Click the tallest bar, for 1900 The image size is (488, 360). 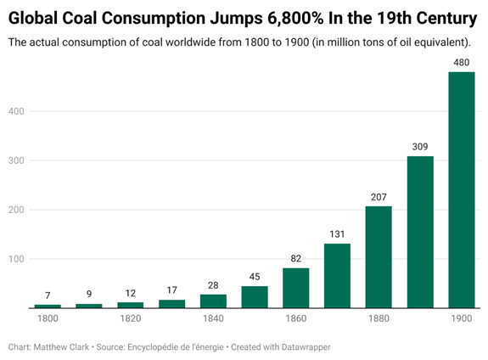pos(462,190)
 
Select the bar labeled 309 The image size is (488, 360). pos(420,232)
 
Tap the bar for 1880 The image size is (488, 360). pos(379,257)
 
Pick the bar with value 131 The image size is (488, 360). pos(338,276)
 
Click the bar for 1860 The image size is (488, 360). pos(296,288)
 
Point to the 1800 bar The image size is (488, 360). pos(48,307)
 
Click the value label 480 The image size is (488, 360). pos(462,63)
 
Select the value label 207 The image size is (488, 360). pos(379,197)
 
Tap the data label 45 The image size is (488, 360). pos(255,277)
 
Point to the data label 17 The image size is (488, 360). pos(171,290)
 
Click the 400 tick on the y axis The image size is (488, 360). pos(16,111)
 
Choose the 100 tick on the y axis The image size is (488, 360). pos(16,259)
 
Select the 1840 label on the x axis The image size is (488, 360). pos(213,318)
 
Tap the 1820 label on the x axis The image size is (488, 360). pos(131,318)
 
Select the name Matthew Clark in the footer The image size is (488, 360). pos(61,347)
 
